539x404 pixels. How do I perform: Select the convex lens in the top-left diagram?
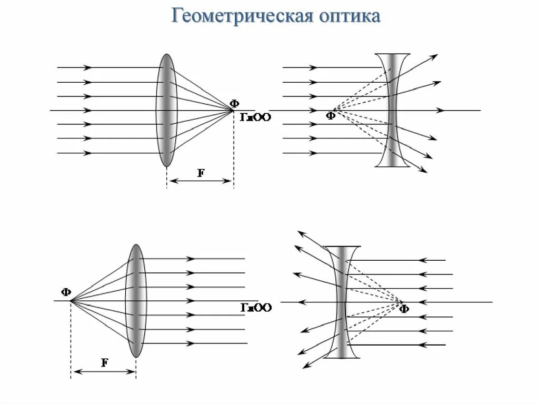(x=166, y=110)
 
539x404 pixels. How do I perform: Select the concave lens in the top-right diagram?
(x=393, y=110)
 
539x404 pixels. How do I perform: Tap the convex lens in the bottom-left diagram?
(x=136, y=301)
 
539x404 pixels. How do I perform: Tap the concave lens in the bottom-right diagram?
(x=342, y=302)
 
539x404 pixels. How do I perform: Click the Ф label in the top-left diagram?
(x=234, y=103)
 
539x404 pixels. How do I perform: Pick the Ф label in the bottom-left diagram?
(x=66, y=292)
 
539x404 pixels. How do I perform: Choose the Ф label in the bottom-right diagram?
(x=404, y=309)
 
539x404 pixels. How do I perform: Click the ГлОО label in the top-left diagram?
(x=256, y=117)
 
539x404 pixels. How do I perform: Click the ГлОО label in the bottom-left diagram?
(x=256, y=308)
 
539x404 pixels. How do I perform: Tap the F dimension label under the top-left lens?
(x=201, y=173)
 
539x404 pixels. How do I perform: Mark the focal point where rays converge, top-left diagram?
(x=232, y=110)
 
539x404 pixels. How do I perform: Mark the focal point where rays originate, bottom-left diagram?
(x=71, y=301)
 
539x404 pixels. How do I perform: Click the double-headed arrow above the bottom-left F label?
(x=104, y=371)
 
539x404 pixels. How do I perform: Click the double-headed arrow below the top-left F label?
(x=201, y=181)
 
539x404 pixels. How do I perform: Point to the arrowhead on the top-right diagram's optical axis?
(x=441, y=110)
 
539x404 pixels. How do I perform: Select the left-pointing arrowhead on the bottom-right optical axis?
(x=301, y=302)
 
